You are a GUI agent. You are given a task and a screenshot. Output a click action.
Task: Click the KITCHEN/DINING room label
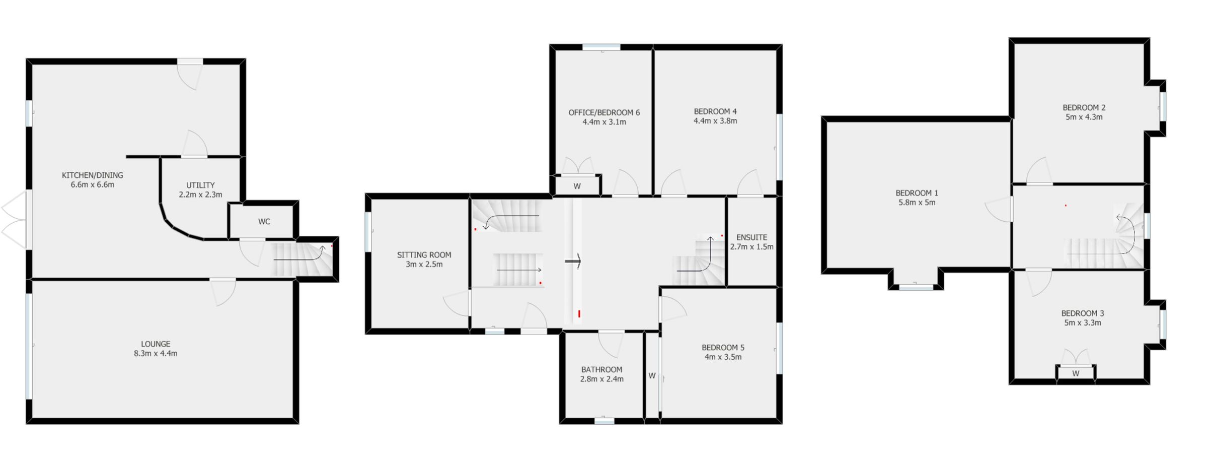click(92, 175)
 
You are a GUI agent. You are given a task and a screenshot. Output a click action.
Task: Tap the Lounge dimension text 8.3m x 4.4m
click(156, 353)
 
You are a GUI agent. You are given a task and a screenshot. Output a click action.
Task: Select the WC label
click(264, 222)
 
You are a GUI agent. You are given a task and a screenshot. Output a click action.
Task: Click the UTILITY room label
click(200, 185)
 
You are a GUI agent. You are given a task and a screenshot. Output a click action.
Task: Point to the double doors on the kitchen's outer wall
click(14, 220)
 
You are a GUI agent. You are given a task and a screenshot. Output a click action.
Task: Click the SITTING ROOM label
click(424, 255)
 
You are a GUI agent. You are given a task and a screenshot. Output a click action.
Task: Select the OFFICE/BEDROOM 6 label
click(604, 112)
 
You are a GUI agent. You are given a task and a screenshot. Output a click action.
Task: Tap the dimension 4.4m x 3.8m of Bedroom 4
click(715, 121)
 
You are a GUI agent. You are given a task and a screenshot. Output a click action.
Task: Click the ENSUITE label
click(751, 237)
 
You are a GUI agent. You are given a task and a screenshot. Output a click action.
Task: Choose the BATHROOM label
click(601, 369)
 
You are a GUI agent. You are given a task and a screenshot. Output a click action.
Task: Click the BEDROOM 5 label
click(723, 348)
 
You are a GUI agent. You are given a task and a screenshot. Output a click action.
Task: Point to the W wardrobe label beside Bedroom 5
click(652, 375)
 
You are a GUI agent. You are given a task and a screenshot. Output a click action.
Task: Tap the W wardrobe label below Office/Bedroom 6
click(577, 186)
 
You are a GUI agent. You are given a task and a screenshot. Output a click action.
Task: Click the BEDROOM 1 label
click(917, 193)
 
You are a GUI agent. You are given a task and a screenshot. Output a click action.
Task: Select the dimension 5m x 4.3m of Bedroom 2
click(1084, 117)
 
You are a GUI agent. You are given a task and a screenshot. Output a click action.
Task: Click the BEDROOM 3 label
click(1083, 313)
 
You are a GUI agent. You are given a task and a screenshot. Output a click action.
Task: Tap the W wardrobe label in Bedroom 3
click(1076, 373)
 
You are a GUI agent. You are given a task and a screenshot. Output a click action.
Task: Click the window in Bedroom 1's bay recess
click(916, 288)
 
